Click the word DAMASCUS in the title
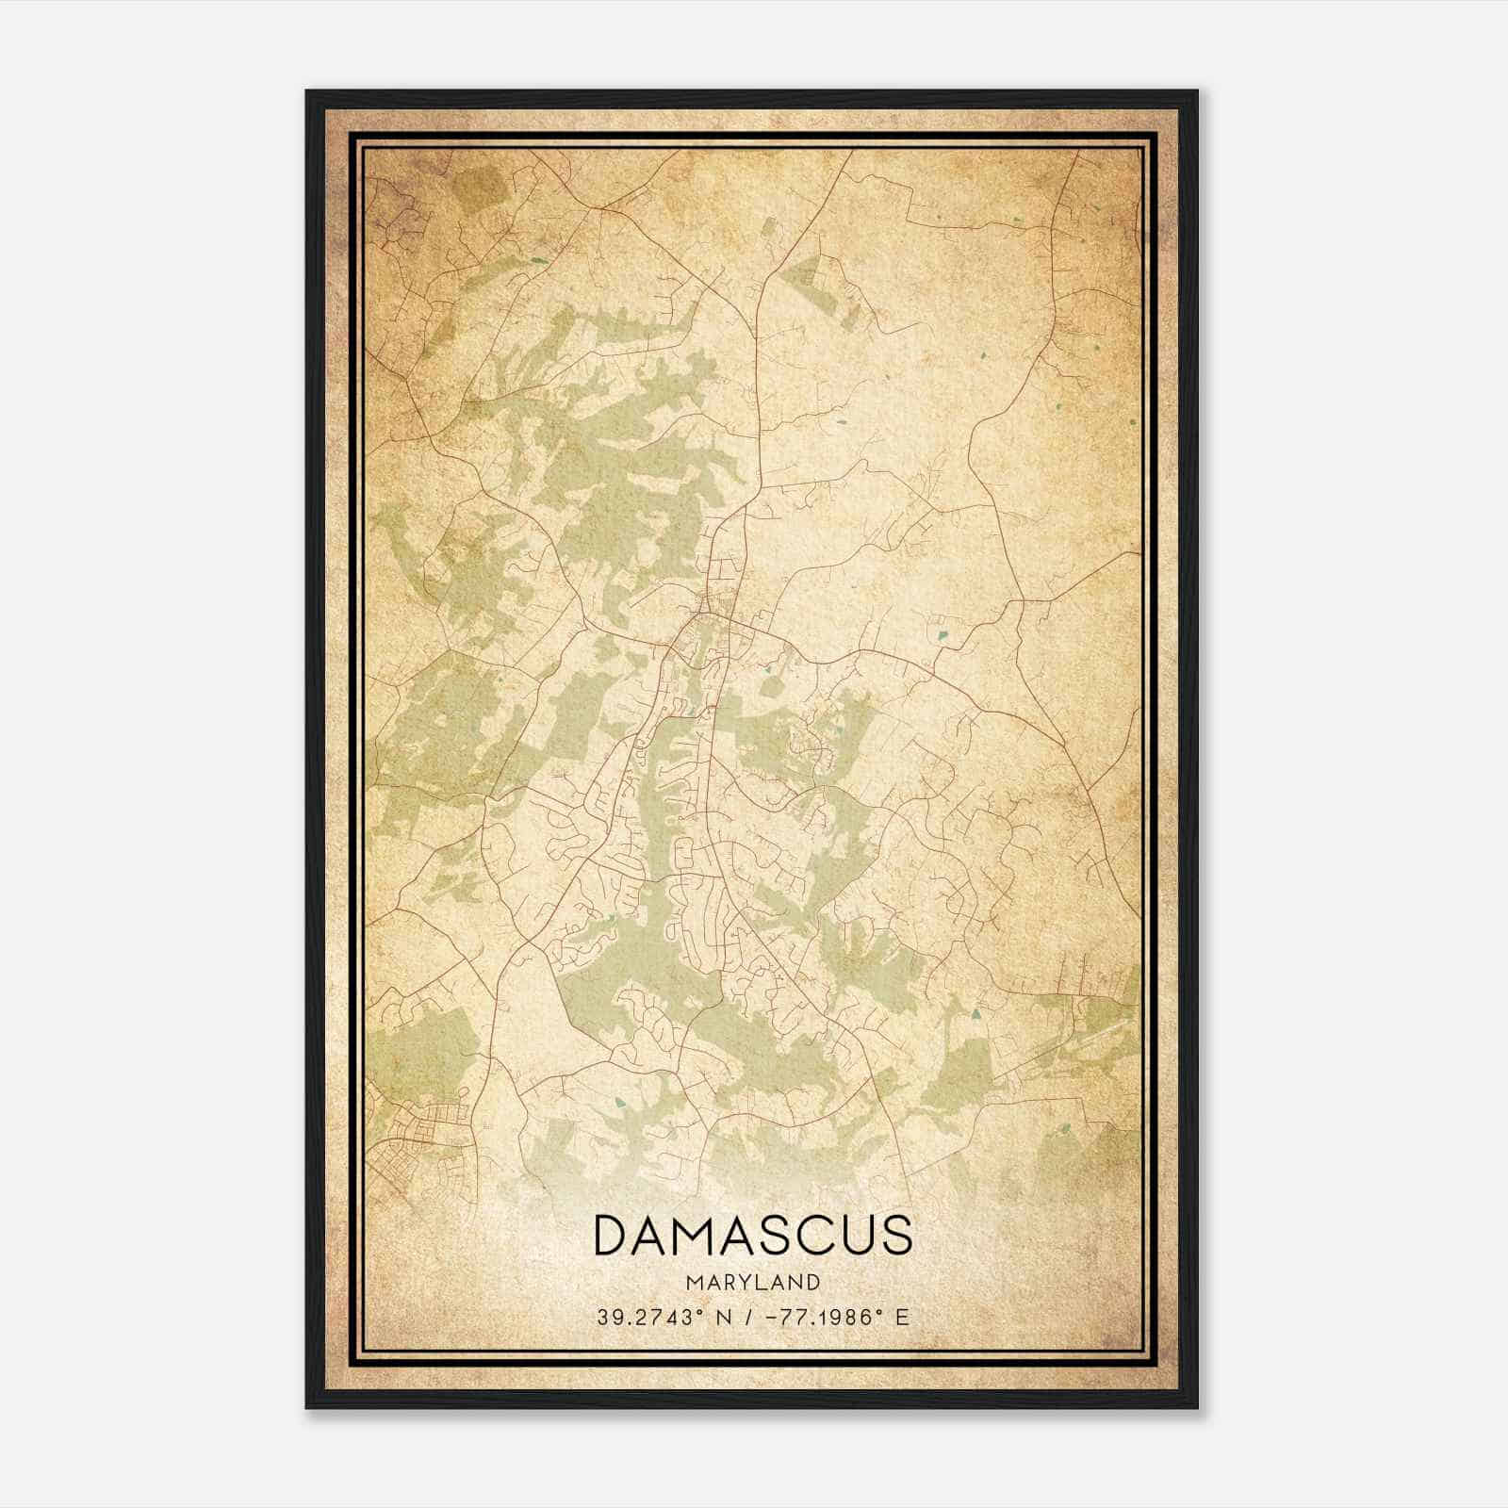pos(753,1236)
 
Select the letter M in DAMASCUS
pos(697,1236)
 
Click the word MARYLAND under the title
pos(753,1282)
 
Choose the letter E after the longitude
pos(903,1317)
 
